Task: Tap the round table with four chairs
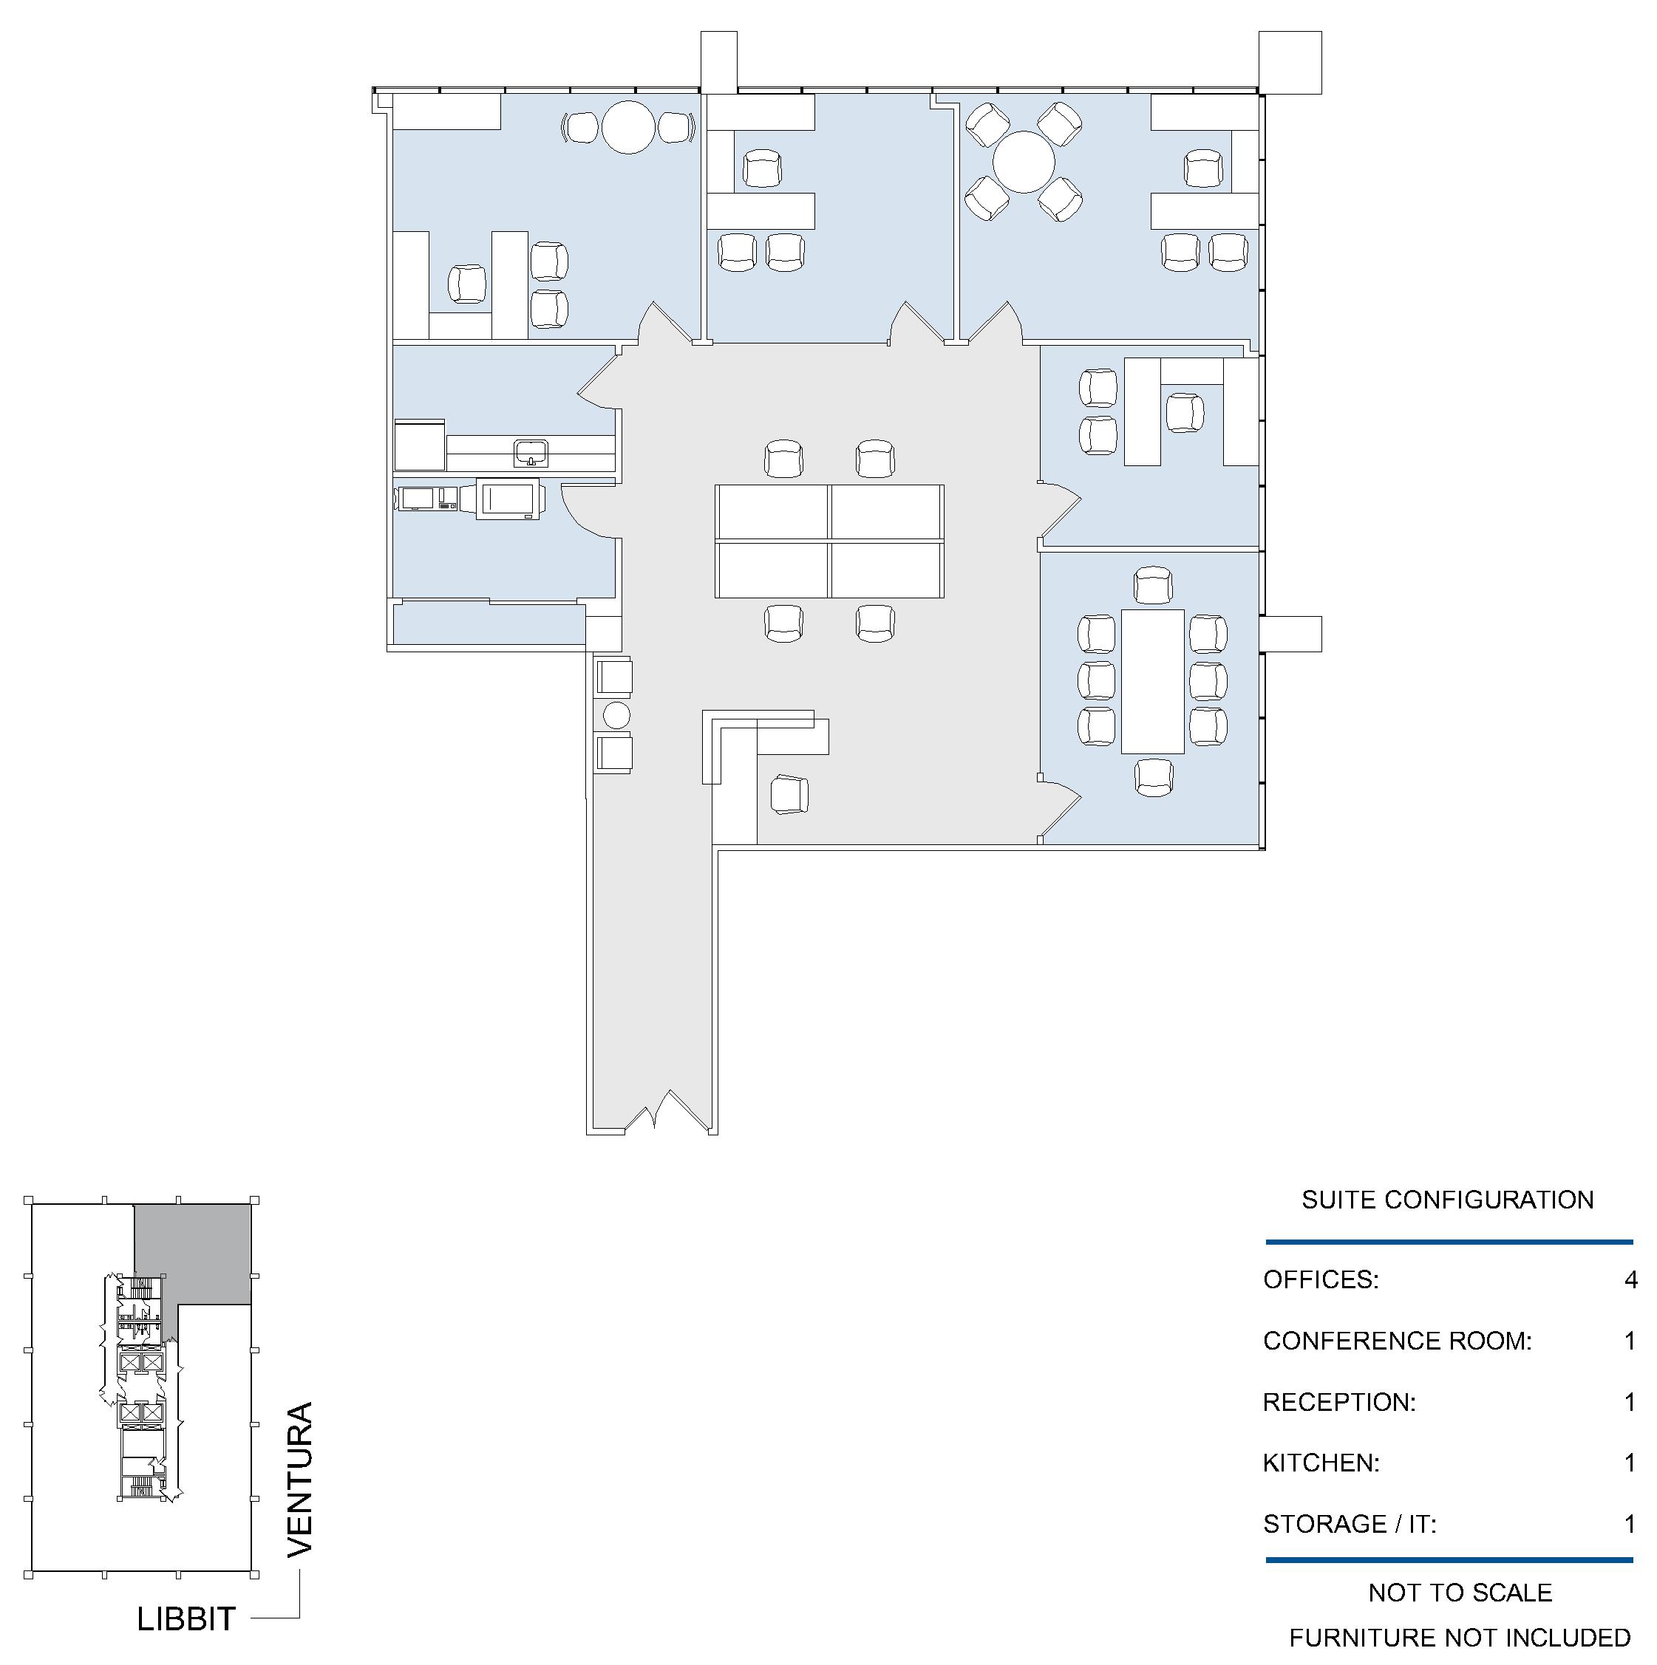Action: tap(1024, 162)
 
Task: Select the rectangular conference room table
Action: tap(1151, 682)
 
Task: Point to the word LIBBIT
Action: tap(186, 1618)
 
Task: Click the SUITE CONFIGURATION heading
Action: tap(1448, 1200)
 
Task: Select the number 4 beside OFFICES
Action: tap(1630, 1279)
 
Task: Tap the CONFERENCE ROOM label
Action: tap(1398, 1341)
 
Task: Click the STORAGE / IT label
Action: tap(1350, 1525)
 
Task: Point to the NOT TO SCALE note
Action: tap(1460, 1593)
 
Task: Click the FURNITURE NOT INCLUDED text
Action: tap(1460, 1638)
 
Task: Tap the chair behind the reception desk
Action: tap(789, 793)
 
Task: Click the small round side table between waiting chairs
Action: tap(616, 714)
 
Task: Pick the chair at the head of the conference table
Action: tap(1154, 585)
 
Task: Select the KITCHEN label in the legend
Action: tap(1321, 1463)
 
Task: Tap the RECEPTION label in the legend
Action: tap(1340, 1402)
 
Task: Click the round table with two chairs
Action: tap(630, 128)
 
